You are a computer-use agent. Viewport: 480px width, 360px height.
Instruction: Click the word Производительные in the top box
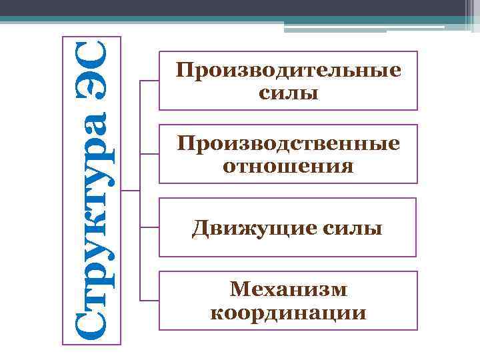point(288,71)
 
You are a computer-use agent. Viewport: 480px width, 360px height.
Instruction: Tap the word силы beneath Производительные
point(288,92)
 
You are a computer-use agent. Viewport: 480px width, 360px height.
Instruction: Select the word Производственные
point(288,143)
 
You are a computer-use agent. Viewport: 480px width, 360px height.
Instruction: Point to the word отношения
point(288,165)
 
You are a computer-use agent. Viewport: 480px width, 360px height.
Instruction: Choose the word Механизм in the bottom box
point(288,290)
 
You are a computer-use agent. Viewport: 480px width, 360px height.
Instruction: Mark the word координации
point(288,311)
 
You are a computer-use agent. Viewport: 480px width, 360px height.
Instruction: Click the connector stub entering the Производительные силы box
point(149,81)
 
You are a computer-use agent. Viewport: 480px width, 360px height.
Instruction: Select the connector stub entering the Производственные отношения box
point(149,154)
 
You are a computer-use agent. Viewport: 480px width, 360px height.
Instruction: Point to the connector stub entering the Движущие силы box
point(149,227)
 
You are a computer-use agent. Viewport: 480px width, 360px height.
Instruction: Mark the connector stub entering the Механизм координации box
point(149,301)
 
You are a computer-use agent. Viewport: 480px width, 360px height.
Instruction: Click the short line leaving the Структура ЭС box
point(131,191)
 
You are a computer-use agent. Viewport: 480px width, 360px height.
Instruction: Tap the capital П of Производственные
point(183,143)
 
